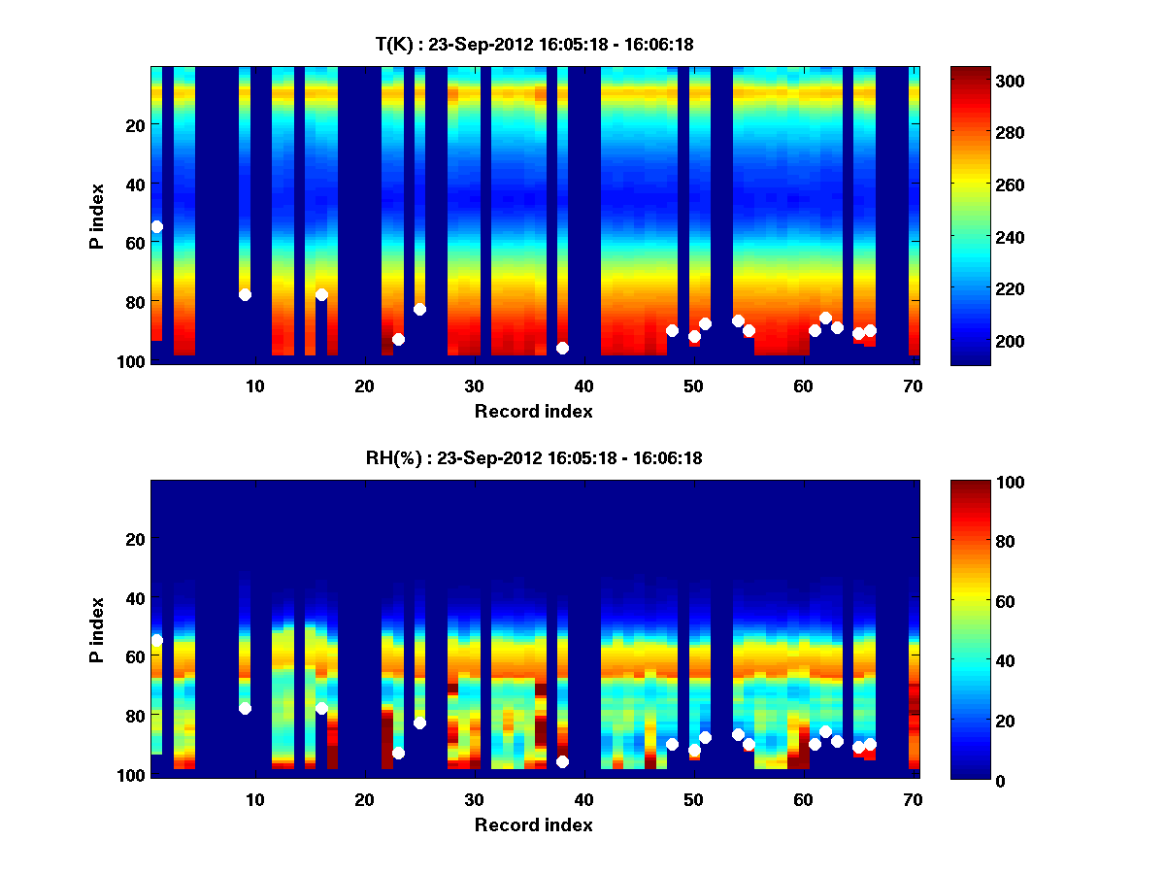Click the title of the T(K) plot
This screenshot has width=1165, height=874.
point(534,44)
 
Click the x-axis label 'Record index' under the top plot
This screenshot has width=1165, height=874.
point(533,411)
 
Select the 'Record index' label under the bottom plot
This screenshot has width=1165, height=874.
point(533,824)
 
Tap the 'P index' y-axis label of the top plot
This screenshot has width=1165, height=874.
point(97,215)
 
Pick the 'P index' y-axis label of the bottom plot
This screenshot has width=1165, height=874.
point(97,628)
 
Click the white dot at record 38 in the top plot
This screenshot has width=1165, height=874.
point(562,348)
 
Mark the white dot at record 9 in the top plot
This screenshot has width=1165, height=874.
point(245,294)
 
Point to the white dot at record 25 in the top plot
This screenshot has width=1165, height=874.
point(419,309)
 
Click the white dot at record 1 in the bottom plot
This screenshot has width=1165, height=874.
point(156,640)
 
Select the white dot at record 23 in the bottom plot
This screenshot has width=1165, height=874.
point(398,753)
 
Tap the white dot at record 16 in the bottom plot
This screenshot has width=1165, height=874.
point(321,708)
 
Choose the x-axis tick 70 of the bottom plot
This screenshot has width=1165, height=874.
point(913,799)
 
